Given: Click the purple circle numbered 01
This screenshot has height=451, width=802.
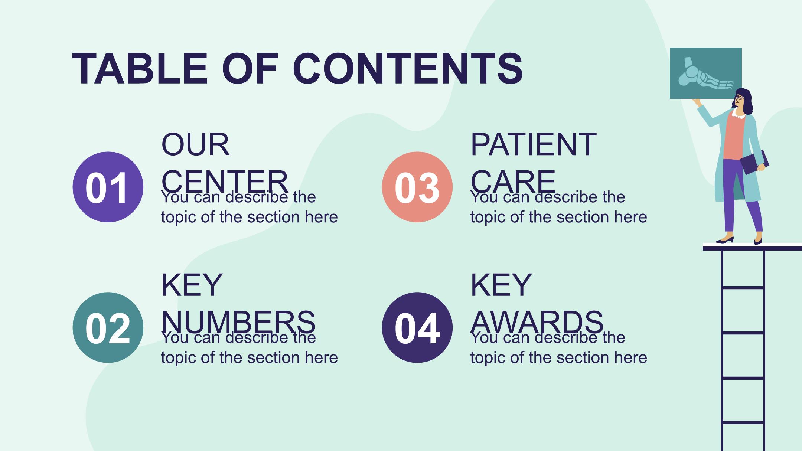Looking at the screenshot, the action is pos(108,187).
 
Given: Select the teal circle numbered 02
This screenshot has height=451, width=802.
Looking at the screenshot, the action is pos(108,327).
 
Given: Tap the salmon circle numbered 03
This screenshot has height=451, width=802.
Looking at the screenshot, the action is pos(417,187).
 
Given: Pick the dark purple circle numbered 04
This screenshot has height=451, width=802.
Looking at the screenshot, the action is pos(417,327).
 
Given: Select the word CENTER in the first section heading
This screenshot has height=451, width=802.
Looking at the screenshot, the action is pos(225,182).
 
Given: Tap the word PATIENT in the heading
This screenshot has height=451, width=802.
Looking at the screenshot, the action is pos(534,144).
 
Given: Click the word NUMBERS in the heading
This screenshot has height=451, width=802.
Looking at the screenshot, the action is pos(238,322).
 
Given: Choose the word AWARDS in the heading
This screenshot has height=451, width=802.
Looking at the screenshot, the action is pos(537,322).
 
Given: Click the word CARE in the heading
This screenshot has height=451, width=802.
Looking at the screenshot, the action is pos(513,182).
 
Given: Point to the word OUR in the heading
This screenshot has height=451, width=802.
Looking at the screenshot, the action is pos(196,144).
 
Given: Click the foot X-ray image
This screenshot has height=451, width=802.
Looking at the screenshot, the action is pos(705,73).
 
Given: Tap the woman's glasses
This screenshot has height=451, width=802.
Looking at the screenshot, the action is pos(739,98).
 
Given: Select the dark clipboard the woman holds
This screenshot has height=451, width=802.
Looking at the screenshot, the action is pos(754,162).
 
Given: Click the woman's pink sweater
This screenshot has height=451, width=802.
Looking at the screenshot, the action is pos(734,136).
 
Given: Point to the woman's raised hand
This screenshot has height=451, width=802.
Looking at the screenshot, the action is pos(697,102).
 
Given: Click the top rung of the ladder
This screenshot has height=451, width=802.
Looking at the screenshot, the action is pos(743,288).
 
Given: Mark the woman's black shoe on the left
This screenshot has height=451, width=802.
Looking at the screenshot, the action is pos(724,240).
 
